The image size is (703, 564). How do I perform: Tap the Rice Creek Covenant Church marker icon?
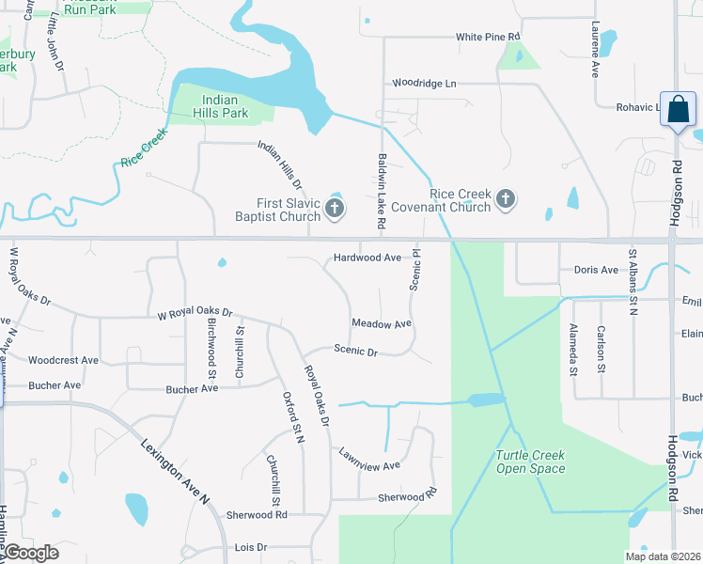click(x=506, y=199)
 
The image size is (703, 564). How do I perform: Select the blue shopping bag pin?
click(x=677, y=110)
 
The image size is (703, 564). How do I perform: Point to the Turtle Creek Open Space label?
click(x=531, y=462)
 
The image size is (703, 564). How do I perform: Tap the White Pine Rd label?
click(x=488, y=37)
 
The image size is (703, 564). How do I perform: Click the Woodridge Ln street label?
click(x=424, y=84)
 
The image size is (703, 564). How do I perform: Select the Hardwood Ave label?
click(x=367, y=258)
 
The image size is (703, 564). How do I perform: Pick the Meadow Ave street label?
click(x=382, y=323)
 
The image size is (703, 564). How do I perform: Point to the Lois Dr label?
click(x=251, y=547)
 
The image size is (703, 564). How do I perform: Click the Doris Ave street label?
click(x=596, y=270)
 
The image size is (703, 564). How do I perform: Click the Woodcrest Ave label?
click(x=63, y=360)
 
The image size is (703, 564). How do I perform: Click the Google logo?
click(x=30, y=553)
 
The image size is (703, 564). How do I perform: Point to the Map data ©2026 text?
click(x=662, y=556)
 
